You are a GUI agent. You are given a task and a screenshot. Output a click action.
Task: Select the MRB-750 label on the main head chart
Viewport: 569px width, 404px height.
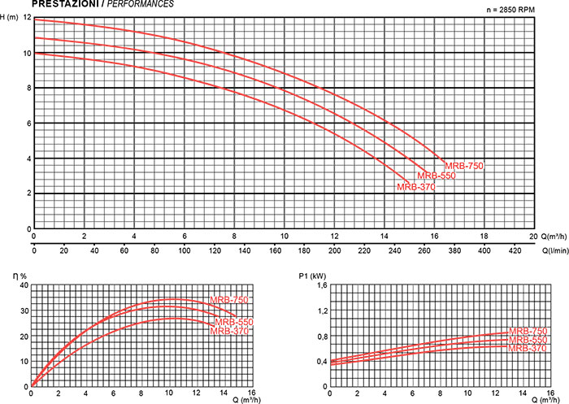pos(464,166)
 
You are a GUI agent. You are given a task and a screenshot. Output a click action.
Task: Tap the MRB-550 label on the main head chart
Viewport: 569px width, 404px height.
pos(437,176)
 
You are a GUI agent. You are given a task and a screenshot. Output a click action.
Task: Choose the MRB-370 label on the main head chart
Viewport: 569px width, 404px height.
pos(416,187)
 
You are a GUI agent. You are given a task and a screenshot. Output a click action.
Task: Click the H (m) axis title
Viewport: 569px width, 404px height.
pos(11,18)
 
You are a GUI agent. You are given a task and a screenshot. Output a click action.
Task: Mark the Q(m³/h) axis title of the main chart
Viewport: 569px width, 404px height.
pos(552,237)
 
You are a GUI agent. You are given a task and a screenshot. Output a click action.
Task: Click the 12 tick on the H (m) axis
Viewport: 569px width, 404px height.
pos(28,18)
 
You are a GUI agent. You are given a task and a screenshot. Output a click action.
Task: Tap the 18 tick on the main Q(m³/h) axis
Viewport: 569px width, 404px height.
pos(484,237)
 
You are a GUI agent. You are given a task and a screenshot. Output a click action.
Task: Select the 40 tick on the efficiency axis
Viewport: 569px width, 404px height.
pos(23,285)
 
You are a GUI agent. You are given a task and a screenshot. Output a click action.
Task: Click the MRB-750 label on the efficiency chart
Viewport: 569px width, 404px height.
pos(228,301)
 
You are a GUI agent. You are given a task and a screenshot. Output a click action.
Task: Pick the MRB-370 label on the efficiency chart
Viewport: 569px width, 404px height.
pos(230,331)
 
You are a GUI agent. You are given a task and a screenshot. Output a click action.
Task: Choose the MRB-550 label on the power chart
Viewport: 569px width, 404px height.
pos(528,339)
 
